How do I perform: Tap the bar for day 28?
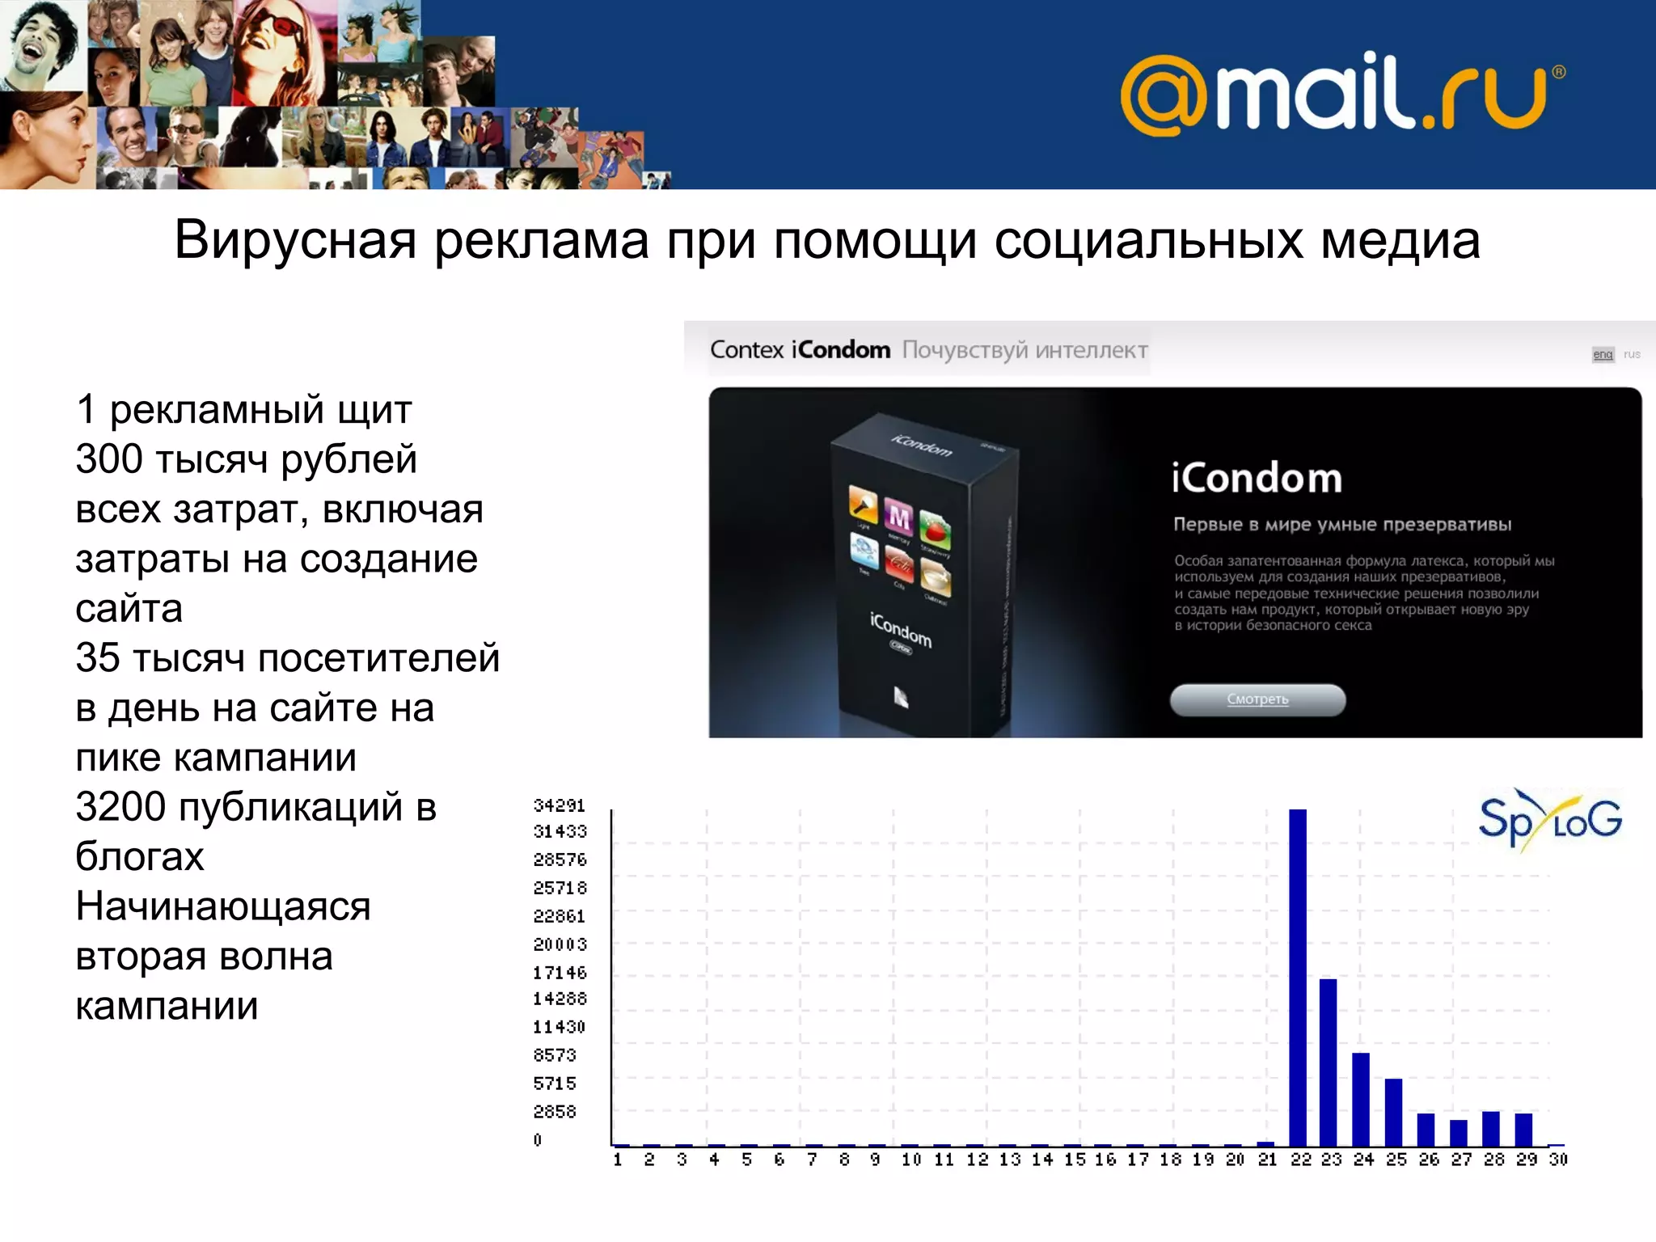click(x=1491, y=1129)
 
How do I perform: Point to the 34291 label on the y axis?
click(x=559, y=805)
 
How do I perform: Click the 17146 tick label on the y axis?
click(x=559, y=973)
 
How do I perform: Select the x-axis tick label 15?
click(x=1075, y=1160)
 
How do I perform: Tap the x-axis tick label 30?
click(x=1558, y=1160)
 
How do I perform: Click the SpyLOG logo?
click(x=1549, y=821)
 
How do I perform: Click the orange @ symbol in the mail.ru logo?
click(x=1163, y=95)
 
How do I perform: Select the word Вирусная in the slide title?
click(x=295, y=240)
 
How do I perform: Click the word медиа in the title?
click(x=1400, y=240)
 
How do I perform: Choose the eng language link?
click(x=1603, y=354)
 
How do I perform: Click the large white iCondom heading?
click(x=1257, y=478)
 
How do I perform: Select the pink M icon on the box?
click(x=898, y=517)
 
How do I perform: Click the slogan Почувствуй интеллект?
click(x=1024, y=350)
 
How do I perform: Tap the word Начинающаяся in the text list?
click(x=223, y=906)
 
